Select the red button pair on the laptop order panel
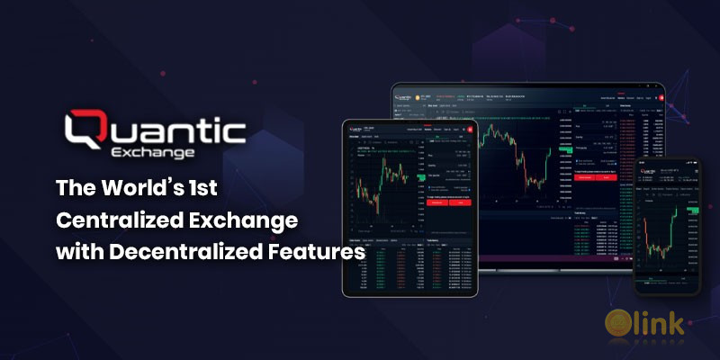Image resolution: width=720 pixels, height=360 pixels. (593, 177)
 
